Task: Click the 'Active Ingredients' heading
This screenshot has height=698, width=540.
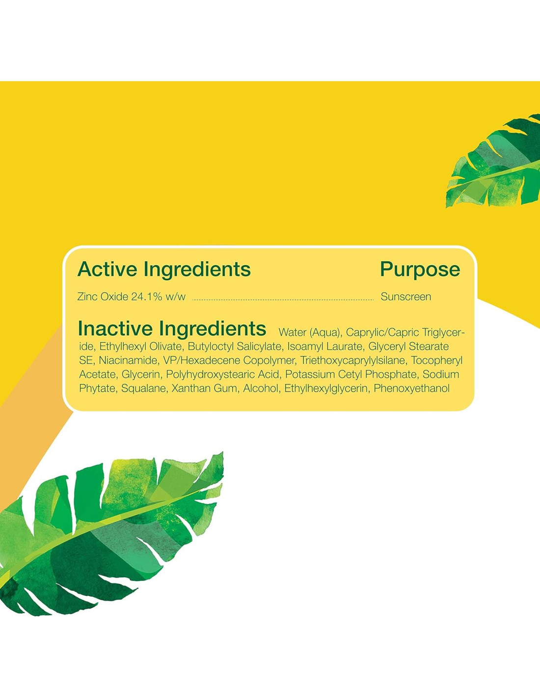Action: coord(164,269)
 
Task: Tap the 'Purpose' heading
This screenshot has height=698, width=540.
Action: coord(420,270)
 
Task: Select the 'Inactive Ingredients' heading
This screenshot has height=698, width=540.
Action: coord(172,328)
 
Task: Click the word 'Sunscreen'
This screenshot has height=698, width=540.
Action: coord(406,297)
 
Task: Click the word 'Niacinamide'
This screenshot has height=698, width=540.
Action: coord(128,361)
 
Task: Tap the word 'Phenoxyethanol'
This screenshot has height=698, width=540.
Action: coord(411,389)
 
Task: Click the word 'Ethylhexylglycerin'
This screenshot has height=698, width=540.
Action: coord(326,389)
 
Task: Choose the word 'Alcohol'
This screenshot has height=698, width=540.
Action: coord(261,389)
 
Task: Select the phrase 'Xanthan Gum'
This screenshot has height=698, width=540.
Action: coord(205,389)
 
